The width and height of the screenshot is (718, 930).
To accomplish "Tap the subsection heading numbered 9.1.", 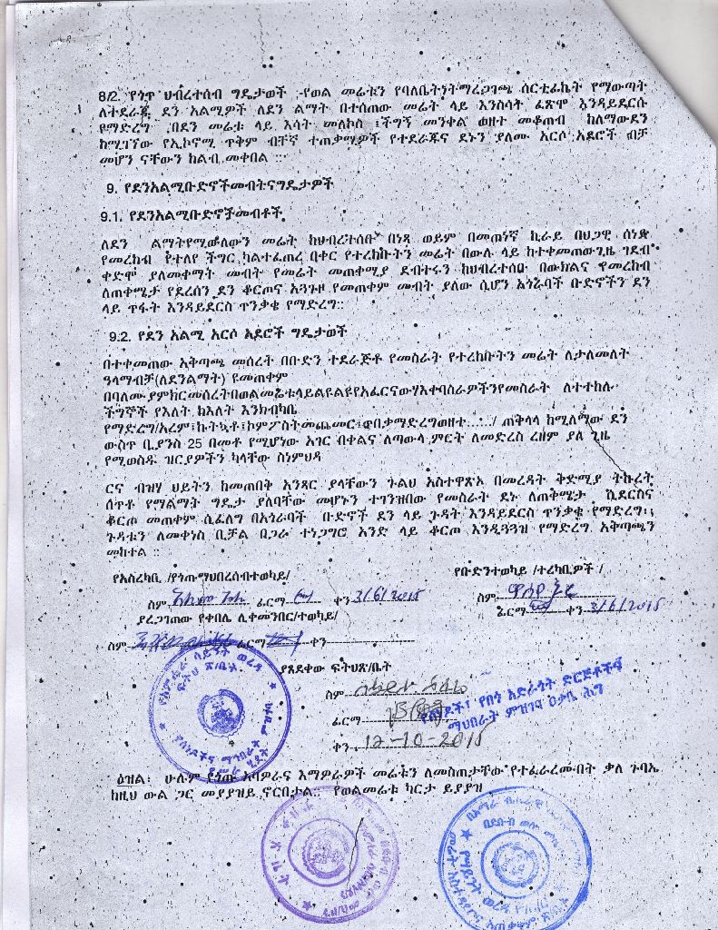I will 192,215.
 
